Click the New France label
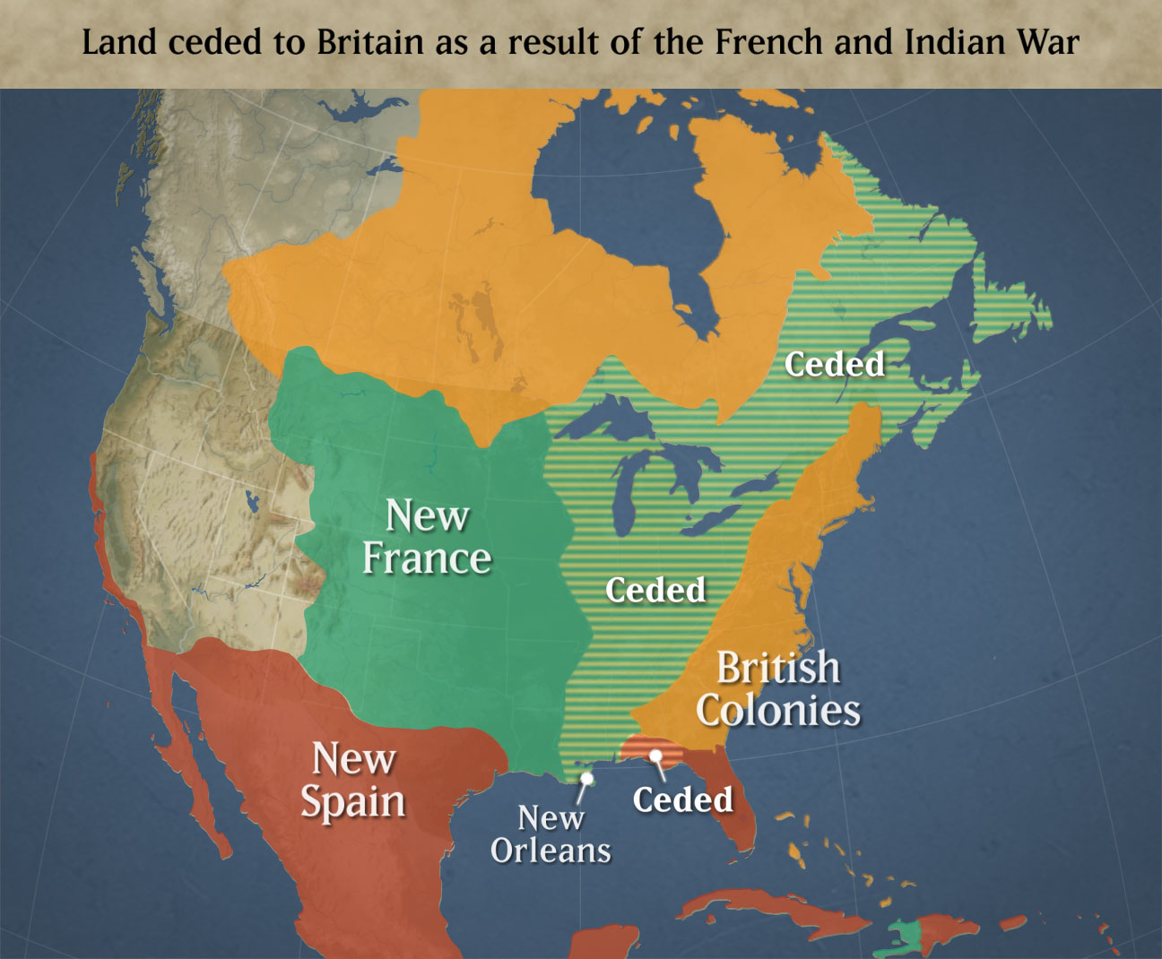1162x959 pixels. point(427,537)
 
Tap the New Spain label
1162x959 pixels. point(352,780)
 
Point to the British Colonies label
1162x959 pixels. point(778,689)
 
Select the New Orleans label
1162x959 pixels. point(551,834)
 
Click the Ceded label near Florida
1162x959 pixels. point(682,799)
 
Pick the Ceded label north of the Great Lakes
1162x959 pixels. point(834,364)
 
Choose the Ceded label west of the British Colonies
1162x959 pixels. point(655,590)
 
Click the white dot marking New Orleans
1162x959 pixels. point(586,778)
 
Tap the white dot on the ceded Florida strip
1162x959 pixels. point(655,755)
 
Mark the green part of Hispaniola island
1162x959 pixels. point(908,936)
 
